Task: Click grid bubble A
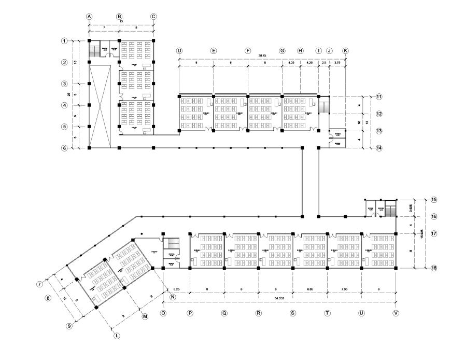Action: [x=89, y=17]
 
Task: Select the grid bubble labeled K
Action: [x=345, y=51]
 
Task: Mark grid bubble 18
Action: [x=434, y=268]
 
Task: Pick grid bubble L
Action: [x=117, y=336]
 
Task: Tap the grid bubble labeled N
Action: [x=173, y=297]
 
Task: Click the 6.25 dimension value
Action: [x=177, y=287]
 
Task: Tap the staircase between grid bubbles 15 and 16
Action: [x=391, y=209]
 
